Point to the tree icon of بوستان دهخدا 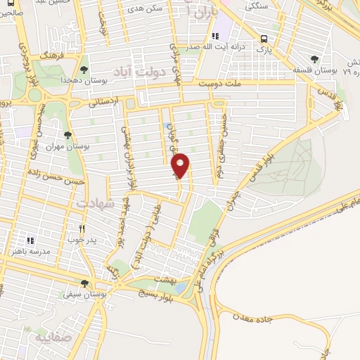tap(84, 70)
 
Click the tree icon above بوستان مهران tap(67, 134)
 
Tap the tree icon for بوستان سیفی tap(84, 284)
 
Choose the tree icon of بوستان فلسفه tap(314, 60)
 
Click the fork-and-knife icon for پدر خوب tap(82, 229)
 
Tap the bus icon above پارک tap(264, 39)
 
